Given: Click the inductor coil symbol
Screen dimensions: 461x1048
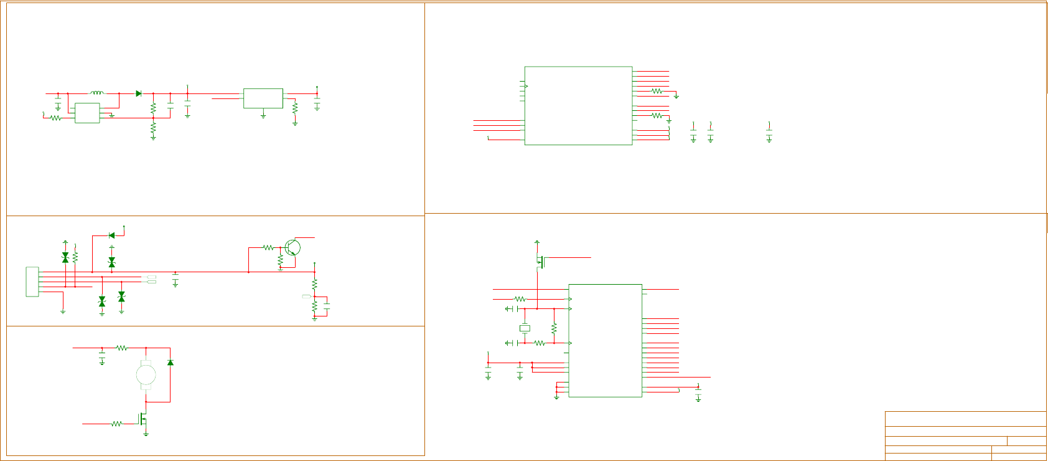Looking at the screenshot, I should (x=96, y=93).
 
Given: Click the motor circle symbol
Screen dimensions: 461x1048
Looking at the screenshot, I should (x=146, y=375).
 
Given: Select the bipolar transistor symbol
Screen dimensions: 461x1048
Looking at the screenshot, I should (x=292, y=247).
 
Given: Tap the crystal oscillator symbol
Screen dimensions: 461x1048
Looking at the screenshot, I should (x=525, y=328).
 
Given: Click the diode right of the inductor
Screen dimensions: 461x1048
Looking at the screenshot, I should (x=138, y=93).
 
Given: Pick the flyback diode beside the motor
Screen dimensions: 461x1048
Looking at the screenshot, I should (x=170, y=362).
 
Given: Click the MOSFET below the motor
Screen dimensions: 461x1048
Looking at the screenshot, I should (x=143, y=421).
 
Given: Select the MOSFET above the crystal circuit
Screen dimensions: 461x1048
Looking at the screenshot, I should (x=540, y=262).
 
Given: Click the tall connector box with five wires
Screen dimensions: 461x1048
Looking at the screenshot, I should (x=32, y=282).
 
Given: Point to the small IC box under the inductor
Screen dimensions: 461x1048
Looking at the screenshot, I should (x=87, y=113).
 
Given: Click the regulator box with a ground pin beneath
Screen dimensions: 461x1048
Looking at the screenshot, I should (x=263, y=98).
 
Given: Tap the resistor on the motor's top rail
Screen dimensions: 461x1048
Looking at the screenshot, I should (x=121, y=348).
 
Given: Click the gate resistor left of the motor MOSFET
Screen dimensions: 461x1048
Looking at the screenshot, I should (x=116, y=424).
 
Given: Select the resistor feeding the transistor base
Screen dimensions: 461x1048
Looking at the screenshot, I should (x=268, y=247).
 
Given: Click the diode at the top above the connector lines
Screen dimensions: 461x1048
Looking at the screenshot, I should (x=111, y=235).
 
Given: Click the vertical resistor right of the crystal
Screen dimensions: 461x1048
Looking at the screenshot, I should (x=554, y=328).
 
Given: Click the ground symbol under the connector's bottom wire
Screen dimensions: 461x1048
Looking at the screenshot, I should (x=63, y=311).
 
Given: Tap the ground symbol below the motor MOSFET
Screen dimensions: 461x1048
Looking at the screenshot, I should (x=146, y=434).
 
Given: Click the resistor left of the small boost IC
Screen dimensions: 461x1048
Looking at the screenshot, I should (x=55, y=118).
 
